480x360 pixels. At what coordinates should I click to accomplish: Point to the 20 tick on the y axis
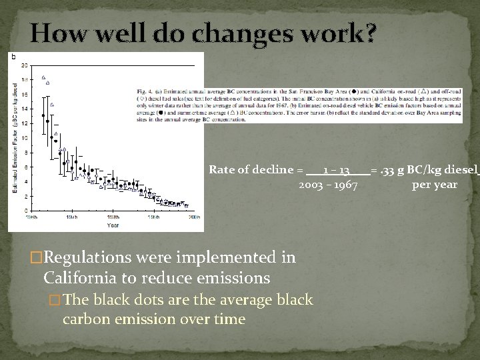(x=25, y=65)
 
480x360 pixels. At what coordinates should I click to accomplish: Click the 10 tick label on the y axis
(x=25, y=138)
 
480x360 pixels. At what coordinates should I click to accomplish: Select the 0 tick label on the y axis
(x=26, y=211)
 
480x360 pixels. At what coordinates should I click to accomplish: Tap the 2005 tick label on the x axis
(x=193, y=217)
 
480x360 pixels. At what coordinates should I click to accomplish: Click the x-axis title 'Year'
(x=113, y=225)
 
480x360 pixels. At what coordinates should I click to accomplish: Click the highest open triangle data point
(x=43, y=77)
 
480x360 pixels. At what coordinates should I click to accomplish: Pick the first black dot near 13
(x=43, y=115)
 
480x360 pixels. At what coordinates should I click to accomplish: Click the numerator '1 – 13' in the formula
(x=337, y=170)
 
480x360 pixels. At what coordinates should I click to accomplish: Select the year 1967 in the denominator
(x=345, y=184)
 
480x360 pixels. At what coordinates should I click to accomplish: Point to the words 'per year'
(x=435, y=184)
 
